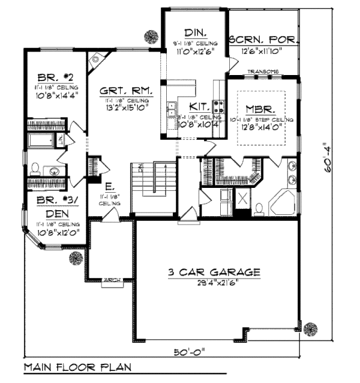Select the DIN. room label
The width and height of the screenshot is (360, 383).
click(x=194, y=32)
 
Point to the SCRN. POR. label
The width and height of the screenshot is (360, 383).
click(x=264, y=41)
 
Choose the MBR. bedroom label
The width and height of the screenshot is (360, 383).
click(x=260, y=110)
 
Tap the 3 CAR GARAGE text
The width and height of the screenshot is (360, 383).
click(x=214, y=273)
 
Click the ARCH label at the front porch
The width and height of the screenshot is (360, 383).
click(x=111, y=279)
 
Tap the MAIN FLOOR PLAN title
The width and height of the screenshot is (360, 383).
click(x=78, y=366)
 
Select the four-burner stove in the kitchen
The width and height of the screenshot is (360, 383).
click(x=218, y=108)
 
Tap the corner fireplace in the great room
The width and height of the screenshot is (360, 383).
click(x=97, y=59)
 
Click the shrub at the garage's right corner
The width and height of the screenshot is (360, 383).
click(x=310, y=328)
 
